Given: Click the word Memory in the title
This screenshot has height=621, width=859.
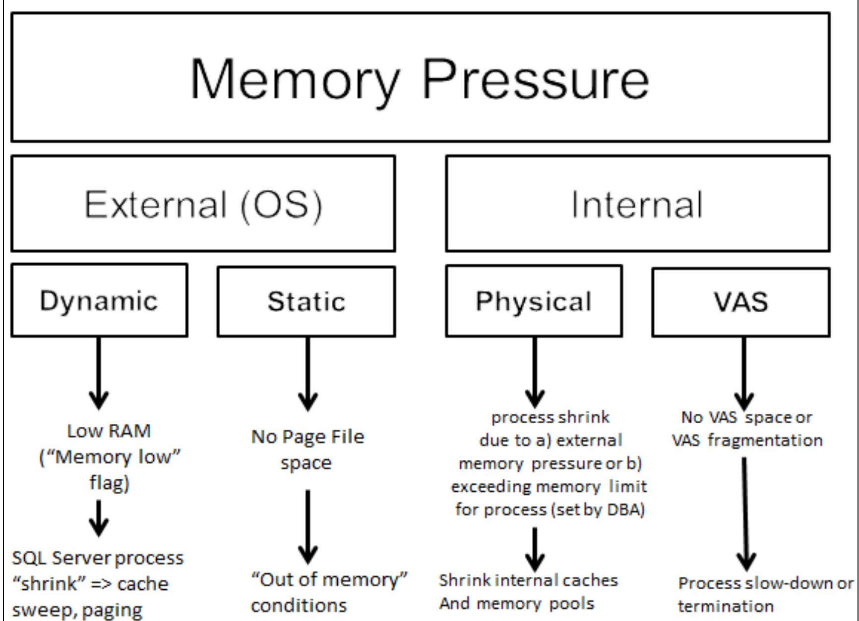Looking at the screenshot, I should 295,79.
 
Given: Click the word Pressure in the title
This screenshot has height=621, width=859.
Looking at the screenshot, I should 535,79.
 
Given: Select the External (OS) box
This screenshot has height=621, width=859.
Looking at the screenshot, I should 203,204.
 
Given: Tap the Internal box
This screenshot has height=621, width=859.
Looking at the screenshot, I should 637,204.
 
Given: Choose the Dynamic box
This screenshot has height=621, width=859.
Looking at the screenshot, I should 99,301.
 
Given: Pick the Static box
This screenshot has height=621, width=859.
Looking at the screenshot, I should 306,301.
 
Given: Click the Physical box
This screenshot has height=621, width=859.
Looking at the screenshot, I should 534,301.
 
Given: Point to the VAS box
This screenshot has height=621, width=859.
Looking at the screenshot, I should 740,302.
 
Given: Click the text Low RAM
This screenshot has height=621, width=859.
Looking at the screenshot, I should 109,431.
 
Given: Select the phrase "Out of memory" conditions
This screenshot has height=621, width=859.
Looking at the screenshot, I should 329,592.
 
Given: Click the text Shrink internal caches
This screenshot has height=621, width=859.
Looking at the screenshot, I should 528,580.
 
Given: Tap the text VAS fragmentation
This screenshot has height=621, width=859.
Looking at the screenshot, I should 747,440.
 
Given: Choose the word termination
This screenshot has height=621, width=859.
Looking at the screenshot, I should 726,606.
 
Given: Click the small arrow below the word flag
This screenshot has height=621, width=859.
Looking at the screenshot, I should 99,518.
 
